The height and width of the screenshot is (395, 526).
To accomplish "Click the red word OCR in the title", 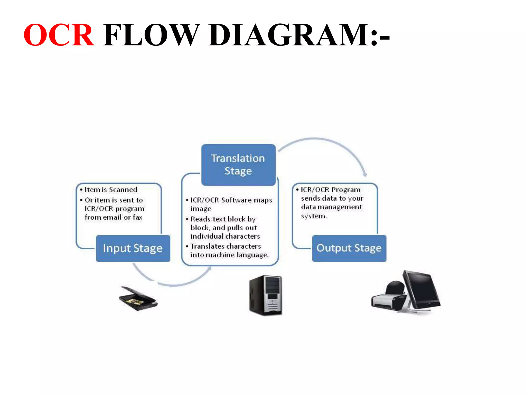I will coord(59,35).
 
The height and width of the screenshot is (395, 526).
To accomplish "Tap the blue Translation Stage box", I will coord(238,165).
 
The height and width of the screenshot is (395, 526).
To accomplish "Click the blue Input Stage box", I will coord(133,248).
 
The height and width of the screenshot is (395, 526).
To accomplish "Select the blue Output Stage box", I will coord(349,248).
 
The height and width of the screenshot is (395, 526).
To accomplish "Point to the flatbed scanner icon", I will coord(138,298).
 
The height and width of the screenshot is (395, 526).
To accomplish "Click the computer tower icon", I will coord(266,295).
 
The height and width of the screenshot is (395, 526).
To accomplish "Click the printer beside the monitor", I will coord(388,298).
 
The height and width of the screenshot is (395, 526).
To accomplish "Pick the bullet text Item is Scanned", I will coord(111,190).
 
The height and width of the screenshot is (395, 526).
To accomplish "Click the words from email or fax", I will coord(114,217).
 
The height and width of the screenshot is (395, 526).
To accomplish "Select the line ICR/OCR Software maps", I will coord(231,200).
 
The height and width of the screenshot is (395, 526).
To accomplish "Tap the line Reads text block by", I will coord(223,219).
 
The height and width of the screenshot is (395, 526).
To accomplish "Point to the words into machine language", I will coord(229,255).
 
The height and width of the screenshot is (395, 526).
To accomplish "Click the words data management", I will coord(332,207).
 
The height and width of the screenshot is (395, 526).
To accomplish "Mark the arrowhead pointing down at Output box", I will coord(365,174).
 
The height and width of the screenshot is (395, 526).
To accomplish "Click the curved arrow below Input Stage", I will coord(172,283).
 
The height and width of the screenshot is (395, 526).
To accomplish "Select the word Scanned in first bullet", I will coord(123,190).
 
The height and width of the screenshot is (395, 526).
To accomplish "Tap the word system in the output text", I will coord(314,216).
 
